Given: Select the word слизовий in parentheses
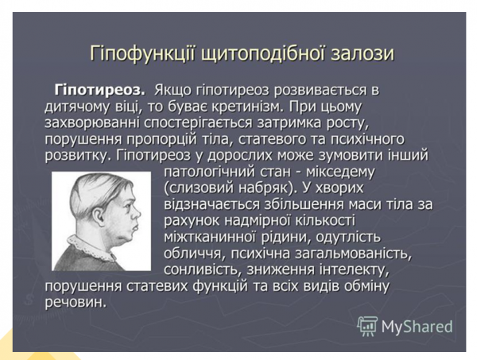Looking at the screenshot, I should (x=197, y=188).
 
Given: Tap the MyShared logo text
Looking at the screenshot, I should (x=417, y=326).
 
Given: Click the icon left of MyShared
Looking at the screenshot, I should (x=367, y=326).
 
